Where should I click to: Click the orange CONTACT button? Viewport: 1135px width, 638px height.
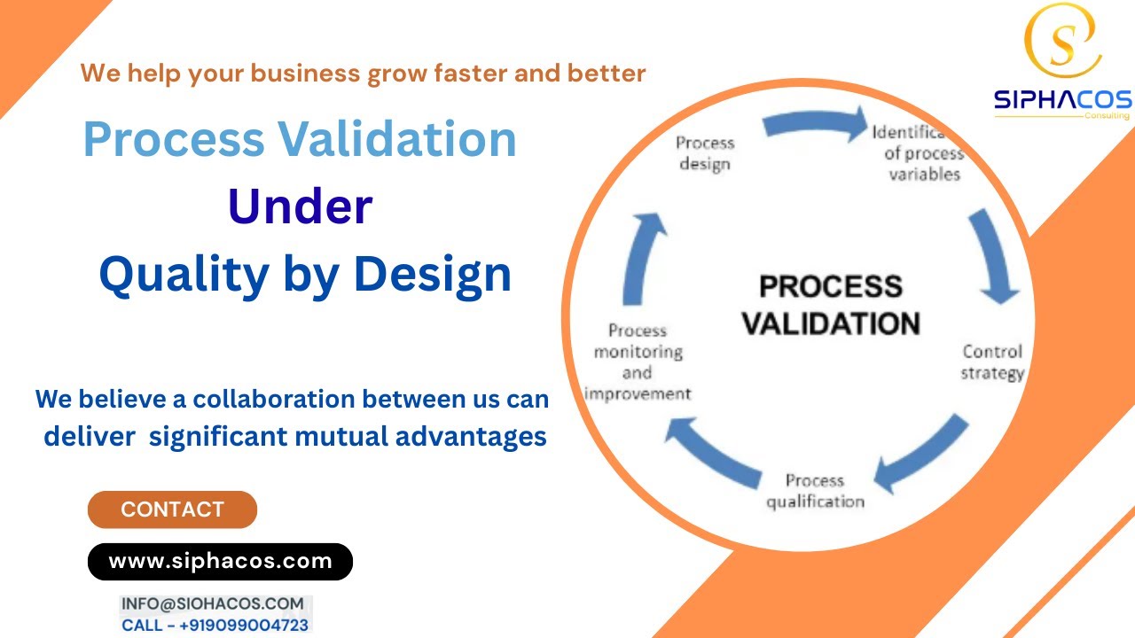point(172,510)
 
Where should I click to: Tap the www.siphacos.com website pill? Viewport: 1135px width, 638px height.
point(220,561)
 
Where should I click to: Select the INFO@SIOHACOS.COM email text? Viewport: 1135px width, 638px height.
point(213,603)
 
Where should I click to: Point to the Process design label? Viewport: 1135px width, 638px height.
point(705,152)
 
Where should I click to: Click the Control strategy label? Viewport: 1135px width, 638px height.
point(992,362)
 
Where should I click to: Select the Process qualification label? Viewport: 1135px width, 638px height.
point(815,491)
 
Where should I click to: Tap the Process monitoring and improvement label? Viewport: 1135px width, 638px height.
point(638,362)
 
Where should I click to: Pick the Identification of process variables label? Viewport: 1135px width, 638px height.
point(918,152)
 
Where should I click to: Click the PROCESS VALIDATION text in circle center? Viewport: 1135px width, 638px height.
point(831,305)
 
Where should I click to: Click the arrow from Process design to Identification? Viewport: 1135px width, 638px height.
point(815,125)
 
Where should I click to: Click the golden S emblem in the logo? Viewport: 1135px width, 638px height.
point(1062,41)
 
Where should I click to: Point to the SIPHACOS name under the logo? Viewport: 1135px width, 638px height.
point(1062,100)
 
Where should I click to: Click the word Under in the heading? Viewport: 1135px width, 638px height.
point(300,207)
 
